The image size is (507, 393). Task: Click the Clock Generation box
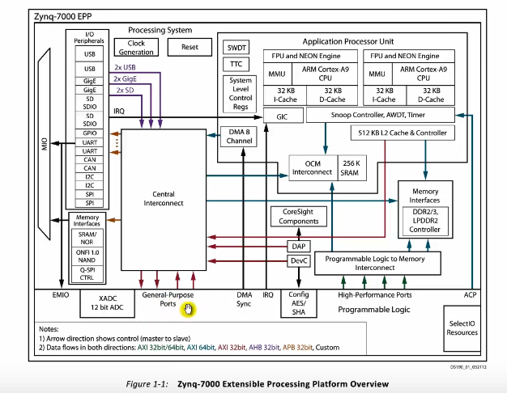[x=135, y=48]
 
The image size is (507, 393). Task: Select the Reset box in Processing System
[x=190, y=47]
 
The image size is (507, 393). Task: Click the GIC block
[x=282, y=116]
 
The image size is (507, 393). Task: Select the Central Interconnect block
[x=168, y=199]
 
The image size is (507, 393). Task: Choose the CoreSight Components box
[x=294, y=216]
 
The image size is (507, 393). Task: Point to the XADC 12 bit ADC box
[x=101, y=304]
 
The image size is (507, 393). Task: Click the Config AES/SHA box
[x=299, y=303]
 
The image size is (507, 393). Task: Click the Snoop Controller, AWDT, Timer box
[x=379, y=116]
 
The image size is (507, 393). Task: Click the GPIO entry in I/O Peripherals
[x=89, y=131]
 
